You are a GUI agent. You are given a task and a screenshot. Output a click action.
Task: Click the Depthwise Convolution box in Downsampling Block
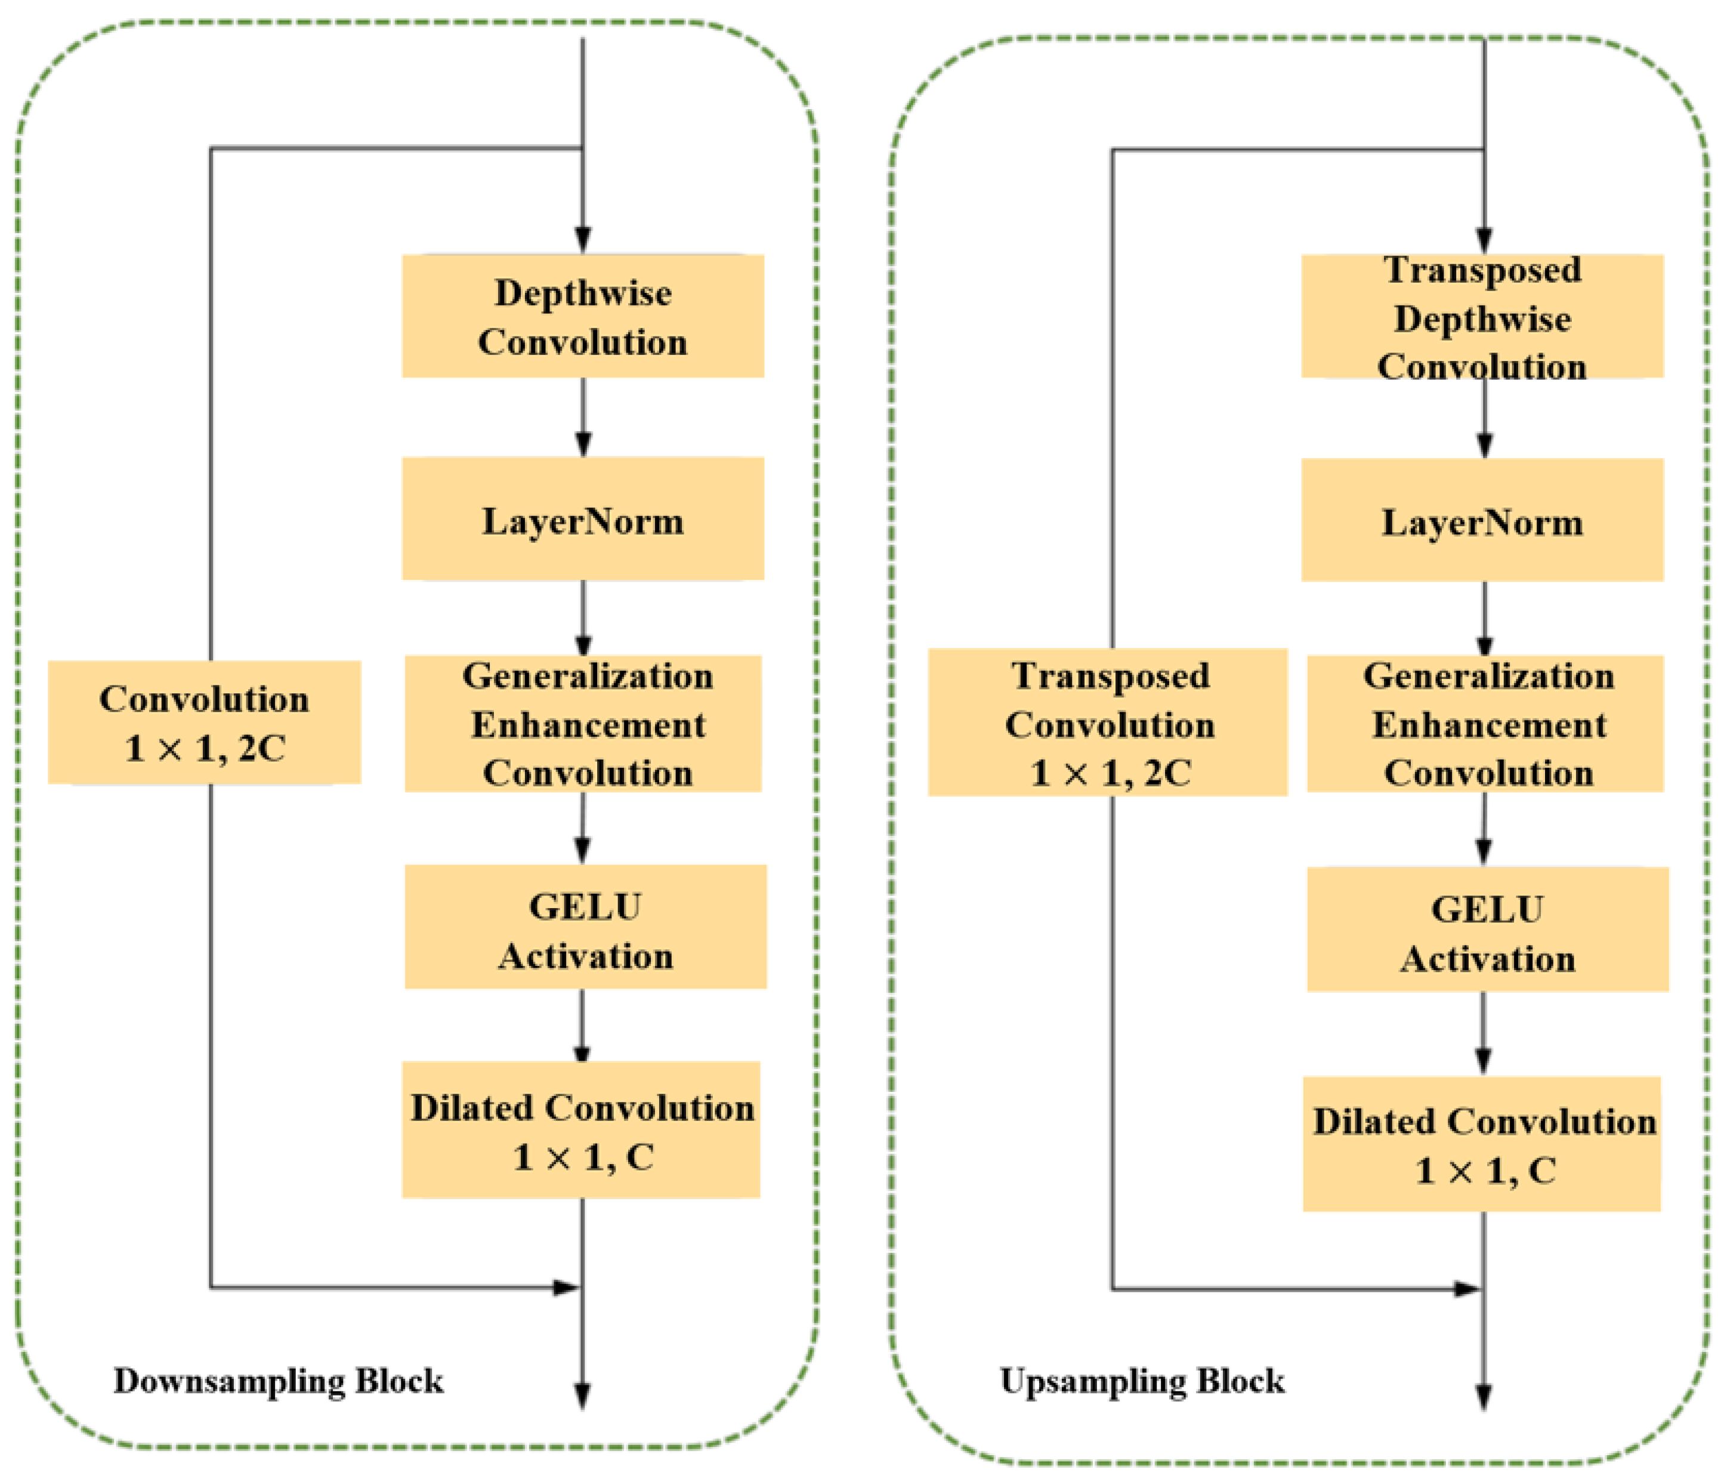[x=583, y=316]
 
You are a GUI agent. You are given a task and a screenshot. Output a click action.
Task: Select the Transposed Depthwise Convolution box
[x=1482, y=316]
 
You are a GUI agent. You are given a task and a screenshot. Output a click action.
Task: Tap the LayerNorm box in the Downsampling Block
[x=583, y=519]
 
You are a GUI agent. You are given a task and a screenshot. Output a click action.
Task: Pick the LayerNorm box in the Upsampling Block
[x=1482, y=521]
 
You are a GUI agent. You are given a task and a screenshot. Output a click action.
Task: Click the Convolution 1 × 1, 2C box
[x=205, y=723]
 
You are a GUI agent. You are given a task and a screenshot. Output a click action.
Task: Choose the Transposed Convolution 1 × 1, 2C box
[x=1108, y=723]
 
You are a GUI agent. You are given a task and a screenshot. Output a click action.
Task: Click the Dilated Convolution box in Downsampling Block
[x=582, y=1131]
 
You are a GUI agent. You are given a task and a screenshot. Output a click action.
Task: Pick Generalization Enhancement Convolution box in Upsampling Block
[x=1486, y=724]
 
